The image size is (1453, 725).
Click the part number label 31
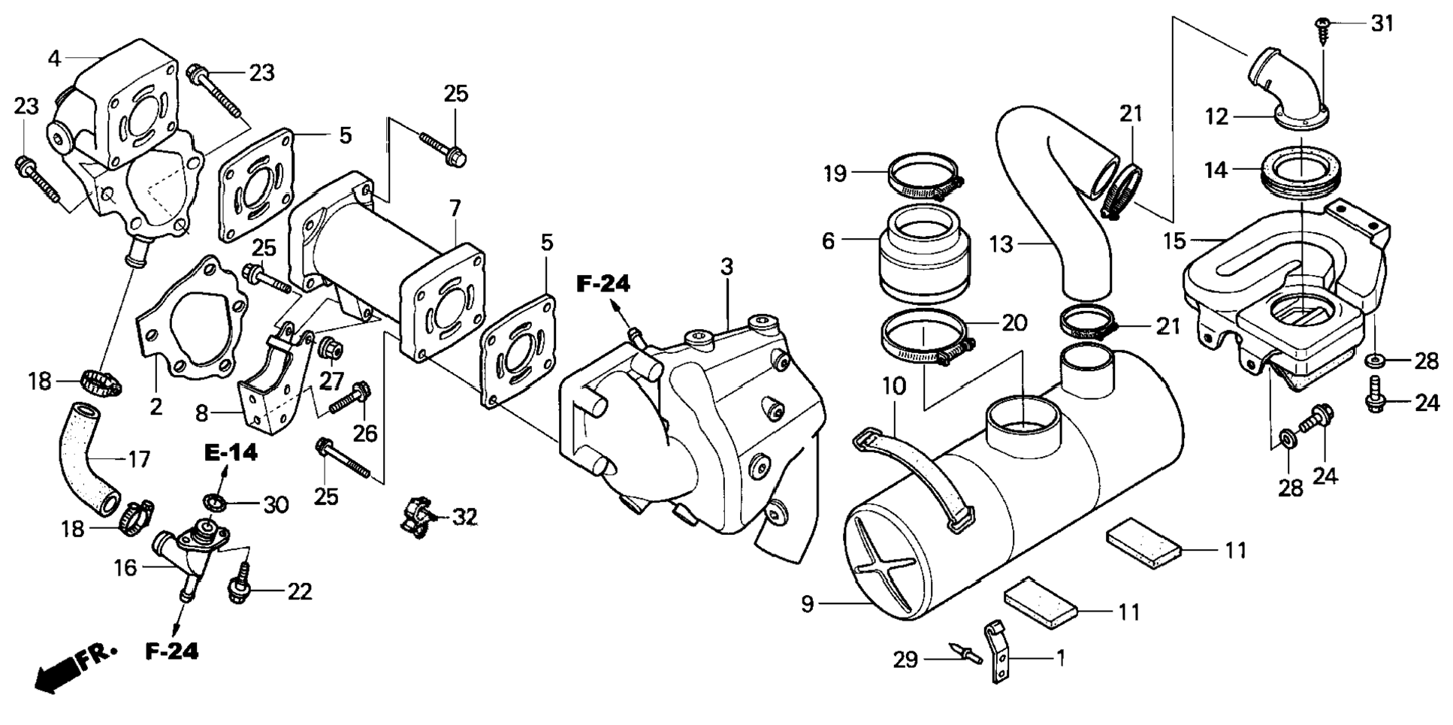point(1382,24)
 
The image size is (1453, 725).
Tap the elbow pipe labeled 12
point(1288,89)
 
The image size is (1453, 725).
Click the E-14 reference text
point(231,452)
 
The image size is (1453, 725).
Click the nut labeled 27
point(331,349)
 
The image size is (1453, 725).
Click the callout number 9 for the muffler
point(808,603)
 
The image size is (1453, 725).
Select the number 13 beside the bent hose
point(1001,244)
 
